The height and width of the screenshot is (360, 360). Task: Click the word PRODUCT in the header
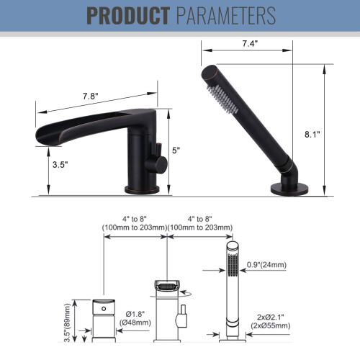[128, 16]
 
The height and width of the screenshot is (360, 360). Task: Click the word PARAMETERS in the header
[226, 16]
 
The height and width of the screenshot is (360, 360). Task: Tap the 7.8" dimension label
[91, 96]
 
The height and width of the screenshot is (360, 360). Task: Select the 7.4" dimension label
[250, 43]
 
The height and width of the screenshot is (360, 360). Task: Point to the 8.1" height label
[312, 135]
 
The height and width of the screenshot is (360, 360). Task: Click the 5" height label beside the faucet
[176, 150]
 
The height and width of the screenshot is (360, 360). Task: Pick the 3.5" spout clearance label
[60, 165]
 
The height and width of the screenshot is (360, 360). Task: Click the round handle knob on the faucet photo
[159, 164]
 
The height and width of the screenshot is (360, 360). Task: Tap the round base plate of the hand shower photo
[289, 189]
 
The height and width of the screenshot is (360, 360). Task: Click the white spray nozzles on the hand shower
[222, 99]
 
